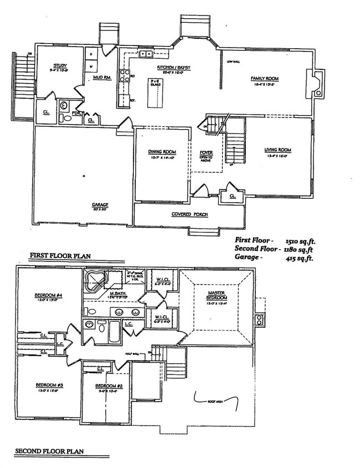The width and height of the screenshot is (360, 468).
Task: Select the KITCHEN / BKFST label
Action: (173, 67)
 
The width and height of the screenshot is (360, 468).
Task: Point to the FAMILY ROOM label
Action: (265, 79)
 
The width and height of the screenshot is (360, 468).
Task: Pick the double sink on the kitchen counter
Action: (146, 54)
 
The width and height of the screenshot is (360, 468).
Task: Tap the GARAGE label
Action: (100, 204)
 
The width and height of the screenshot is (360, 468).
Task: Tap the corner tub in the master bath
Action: (96, 281)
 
